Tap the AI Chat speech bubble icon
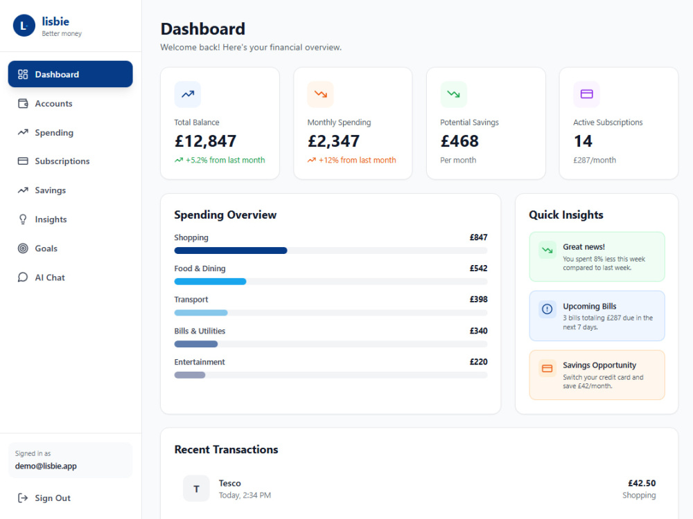pos(23,277)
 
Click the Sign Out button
pos(44,498)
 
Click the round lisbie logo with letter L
pos(24,26)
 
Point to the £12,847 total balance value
pos(206,141)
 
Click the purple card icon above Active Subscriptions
pos(586,94)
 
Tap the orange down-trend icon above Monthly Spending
pos(320,94)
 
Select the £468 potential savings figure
pos(459,141)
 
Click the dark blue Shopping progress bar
pos(231,251)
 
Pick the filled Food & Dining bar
pos(211,282)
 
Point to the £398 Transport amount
pos(478,299)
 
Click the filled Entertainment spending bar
pos(190,375)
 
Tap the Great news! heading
pos(584,247)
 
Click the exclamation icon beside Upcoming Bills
pos(547,309)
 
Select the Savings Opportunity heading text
pos(599,365)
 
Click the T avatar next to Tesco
pos(196,489)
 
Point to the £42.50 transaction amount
pos(642,483)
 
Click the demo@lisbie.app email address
pos(46,466)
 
